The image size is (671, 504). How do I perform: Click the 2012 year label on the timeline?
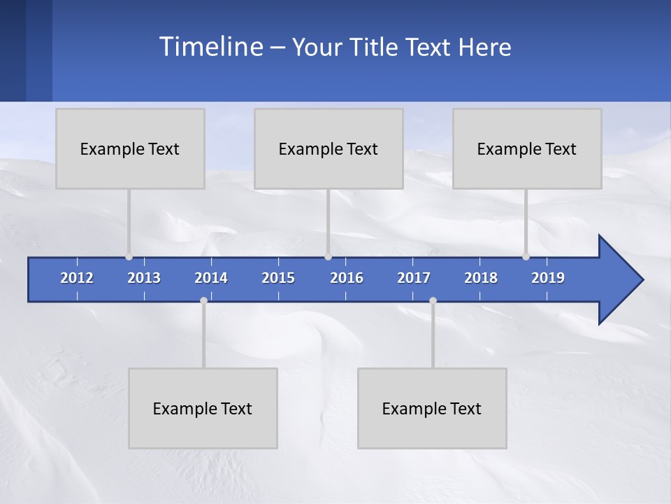77,278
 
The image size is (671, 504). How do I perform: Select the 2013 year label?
144,278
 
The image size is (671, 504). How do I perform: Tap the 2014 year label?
211,278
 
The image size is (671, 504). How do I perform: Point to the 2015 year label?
278,278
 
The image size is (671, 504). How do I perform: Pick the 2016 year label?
347,278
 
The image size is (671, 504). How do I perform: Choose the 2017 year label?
414,278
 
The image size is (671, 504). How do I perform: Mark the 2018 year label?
481,278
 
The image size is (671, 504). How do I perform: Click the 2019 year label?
548,278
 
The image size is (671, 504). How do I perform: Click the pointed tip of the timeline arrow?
642,280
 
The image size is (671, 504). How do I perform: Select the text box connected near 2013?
130,148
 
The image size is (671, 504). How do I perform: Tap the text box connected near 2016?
329,148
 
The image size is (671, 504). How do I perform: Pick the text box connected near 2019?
527,148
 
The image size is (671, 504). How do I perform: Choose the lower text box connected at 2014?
203,408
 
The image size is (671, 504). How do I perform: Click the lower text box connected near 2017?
432,408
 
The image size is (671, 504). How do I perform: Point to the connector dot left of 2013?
129,257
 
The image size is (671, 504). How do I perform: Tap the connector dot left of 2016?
328,257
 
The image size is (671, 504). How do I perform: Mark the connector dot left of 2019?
526,257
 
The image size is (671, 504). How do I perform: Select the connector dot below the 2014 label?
203,301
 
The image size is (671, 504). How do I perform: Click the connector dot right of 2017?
433,301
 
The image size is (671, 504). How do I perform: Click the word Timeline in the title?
212,47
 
